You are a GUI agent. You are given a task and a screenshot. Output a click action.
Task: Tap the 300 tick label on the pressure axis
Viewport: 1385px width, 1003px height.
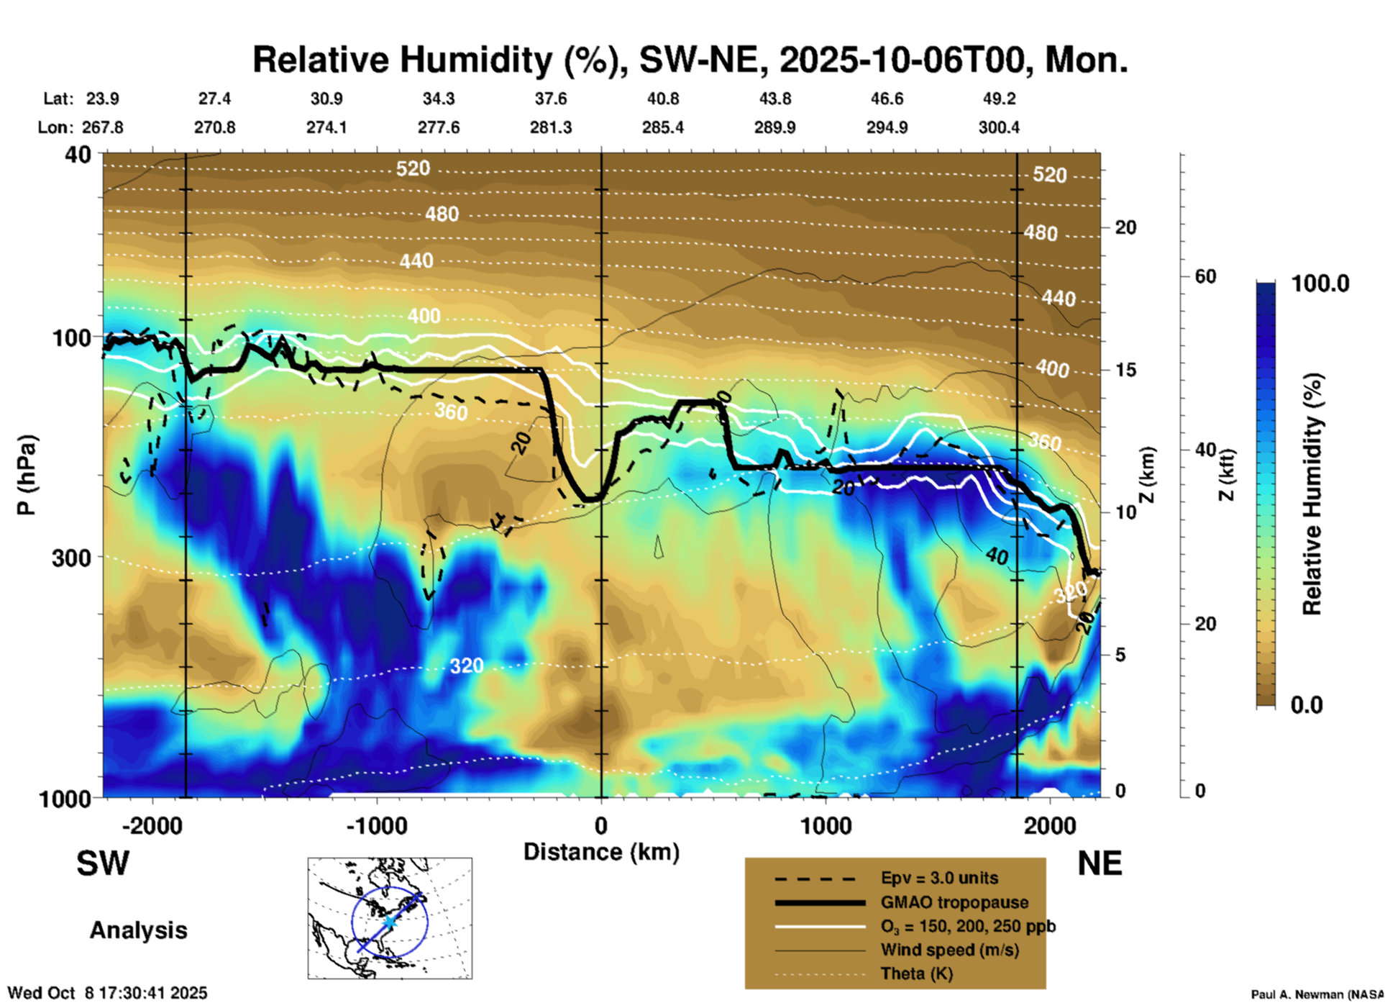click(71, 558)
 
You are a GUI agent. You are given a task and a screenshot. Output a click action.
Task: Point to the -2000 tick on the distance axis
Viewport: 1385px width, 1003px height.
click(152, 826)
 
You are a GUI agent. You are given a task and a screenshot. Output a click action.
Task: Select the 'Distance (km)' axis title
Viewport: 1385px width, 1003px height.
click(601, 852)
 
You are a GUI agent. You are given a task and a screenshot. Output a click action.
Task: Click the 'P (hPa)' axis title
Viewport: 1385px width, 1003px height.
click(26, 475)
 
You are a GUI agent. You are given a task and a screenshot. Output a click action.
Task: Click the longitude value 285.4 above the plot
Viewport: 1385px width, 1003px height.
click(663, 127)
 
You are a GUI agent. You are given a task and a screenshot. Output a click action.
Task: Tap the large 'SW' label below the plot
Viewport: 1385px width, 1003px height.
click(103, 863)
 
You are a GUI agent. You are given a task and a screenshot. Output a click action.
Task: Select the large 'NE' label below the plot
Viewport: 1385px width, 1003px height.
click(1100, 863)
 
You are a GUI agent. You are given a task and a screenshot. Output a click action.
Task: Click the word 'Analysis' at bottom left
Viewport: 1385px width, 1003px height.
click(138, 930)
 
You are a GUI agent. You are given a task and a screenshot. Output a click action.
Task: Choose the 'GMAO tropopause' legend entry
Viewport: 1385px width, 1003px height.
click(954, 902)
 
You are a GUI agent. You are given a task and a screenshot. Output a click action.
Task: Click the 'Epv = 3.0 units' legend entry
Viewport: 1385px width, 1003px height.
click(939, 878)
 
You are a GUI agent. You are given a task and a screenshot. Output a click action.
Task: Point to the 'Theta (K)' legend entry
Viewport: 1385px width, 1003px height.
click(916, 973)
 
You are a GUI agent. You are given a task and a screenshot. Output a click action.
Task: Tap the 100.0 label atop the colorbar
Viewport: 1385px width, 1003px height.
click(1320, 283)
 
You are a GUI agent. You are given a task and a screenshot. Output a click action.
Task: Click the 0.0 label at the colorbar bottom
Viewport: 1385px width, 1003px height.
click(1307, 705)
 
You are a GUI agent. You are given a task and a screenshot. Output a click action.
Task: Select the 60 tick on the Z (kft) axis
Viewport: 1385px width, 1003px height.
click(1205, 276)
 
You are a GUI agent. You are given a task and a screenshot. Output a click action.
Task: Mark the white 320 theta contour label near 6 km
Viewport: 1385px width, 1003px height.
click(467, 666)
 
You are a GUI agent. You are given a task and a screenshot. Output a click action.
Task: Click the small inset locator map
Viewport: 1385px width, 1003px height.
click(390, 918)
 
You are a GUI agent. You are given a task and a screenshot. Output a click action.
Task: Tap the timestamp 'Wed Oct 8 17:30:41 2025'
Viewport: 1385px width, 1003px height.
click(107, 993)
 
